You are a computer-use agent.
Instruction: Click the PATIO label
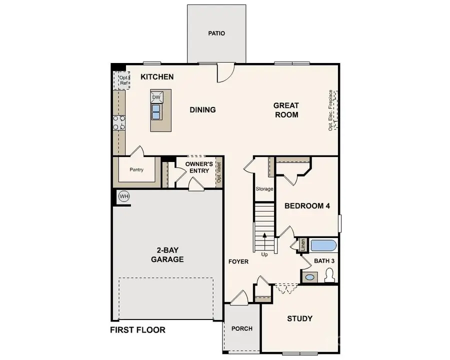[216, 33]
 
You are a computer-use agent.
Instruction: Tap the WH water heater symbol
[124, 196]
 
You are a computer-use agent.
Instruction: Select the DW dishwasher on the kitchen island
[156, 97]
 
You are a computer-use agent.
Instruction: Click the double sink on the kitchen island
[156, 111]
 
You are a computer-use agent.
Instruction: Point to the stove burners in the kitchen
[119, 122]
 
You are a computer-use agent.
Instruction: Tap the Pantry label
[136, 170]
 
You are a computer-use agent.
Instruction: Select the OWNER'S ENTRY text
[199, 167]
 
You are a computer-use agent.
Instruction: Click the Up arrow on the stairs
[264, 239]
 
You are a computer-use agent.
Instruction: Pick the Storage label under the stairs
[264, 189]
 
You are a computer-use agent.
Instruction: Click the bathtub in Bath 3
[323, 246]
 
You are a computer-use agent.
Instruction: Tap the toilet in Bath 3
[329, 275]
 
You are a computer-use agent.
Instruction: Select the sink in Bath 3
[309, 276]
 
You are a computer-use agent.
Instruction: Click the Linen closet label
[302, 245]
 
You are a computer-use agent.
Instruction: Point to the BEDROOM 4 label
[307, 206]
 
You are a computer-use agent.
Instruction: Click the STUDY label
[299, 318]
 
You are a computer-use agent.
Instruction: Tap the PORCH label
[242, 328]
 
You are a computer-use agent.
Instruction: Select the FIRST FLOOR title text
[137, 330]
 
